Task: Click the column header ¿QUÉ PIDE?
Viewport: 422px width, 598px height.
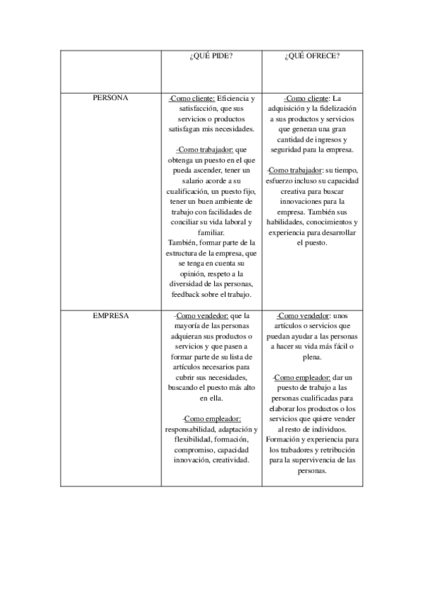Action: coord(211,56)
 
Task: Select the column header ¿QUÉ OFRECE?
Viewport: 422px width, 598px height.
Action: coord(312,56)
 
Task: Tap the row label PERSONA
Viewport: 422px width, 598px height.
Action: coord(111,98)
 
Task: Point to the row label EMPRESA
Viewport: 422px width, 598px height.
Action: coord(111,316)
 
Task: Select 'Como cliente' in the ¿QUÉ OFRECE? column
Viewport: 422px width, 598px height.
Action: coord(306,99)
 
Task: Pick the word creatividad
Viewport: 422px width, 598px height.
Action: coord(228,460)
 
